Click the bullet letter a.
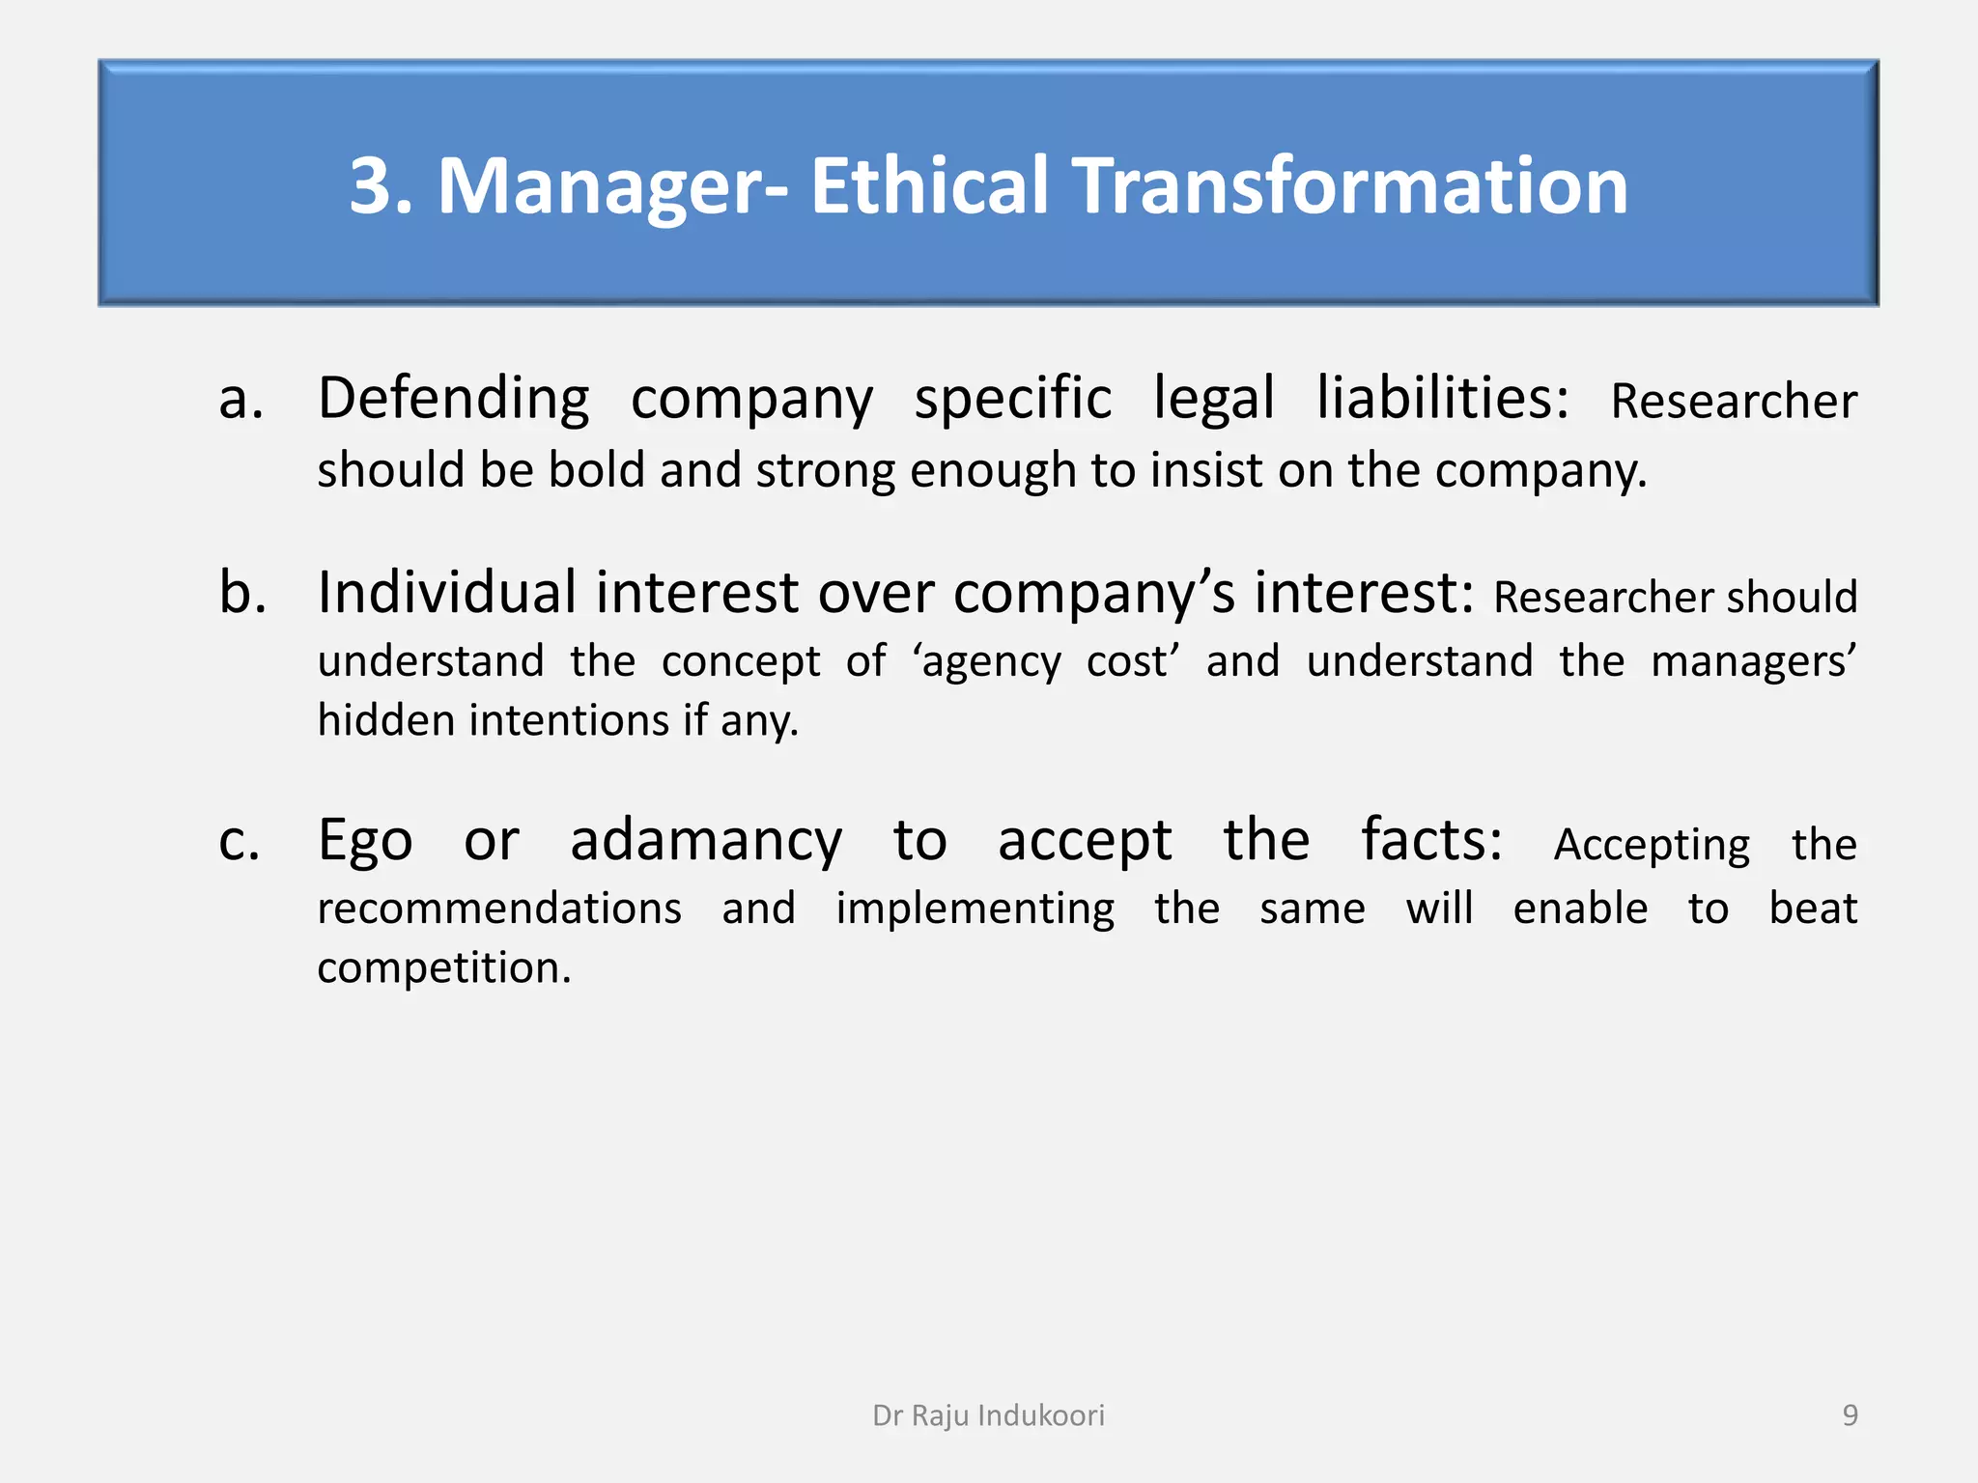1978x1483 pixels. click(x=240, y=400)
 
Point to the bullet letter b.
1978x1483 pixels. click(x=242, y=592)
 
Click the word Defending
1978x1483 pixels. click(x=453, y=400)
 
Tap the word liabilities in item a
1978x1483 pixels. click(x=1442, y=400)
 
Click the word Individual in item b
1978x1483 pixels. click(x=447, y=592)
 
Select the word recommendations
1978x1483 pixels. click(x=499, y=909)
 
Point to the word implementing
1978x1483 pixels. click(x=975, y=909)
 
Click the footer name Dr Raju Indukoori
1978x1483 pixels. click(x=988, y=1415)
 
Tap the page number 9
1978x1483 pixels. click(x=1850, y=1415)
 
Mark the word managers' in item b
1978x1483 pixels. click(x=1753, y=662)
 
